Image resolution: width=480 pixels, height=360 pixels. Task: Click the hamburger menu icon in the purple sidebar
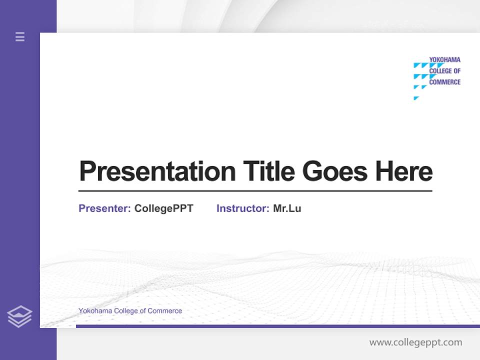pyautogui.click(x=20, y=36)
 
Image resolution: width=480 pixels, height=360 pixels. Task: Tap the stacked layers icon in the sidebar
pyautogui.click(x=19, y=316)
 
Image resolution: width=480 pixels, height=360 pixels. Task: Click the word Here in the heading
pyautogui.click(x=404, y=171)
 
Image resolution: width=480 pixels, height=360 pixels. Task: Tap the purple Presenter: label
pyautogui.click(x=104, y=208)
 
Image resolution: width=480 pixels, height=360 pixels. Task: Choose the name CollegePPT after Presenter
pyautogui.click(x=163, y=208)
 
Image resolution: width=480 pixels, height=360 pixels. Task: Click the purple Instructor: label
pyautogui.click(x=242, y=208)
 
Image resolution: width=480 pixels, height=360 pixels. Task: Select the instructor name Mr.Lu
pyautogui.click(x=287, y=208)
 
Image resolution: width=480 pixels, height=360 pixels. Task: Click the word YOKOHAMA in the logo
pyautogui.click(x=444, y=60)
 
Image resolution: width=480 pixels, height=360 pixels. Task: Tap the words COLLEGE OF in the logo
pyautogui.click(x=444, y=71)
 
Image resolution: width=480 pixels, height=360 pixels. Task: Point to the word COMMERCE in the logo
pyautogui.click(x=444, y=82)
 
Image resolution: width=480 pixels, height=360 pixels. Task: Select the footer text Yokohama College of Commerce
pyautogui.click(x=130, y=311)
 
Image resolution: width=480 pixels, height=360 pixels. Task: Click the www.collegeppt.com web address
pyautogui.click(x=415, y=342)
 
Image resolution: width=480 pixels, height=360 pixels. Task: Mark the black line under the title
pyautogui.click(x=255, y=191)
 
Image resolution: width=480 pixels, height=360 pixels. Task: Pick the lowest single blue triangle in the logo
pyautogui.click(x=416, y=98)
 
